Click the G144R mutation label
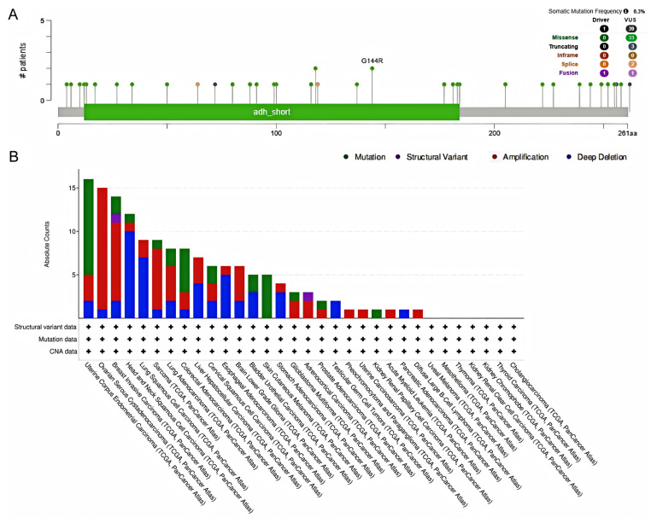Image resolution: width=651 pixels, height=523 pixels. pyautogui.click(x=372, y=61)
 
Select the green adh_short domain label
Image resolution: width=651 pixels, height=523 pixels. pyautogui.click(x=271, y=112)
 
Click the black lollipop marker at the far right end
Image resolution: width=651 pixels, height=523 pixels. pyautogui.click(x=630, y=84)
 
